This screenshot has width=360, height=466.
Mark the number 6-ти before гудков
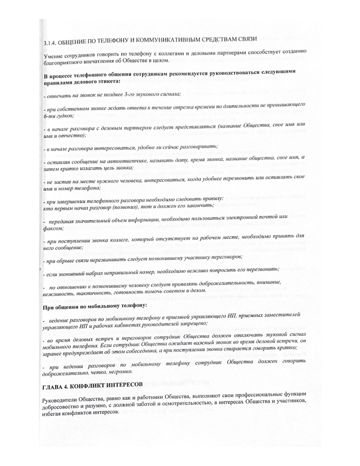click(x=51, y=115)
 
